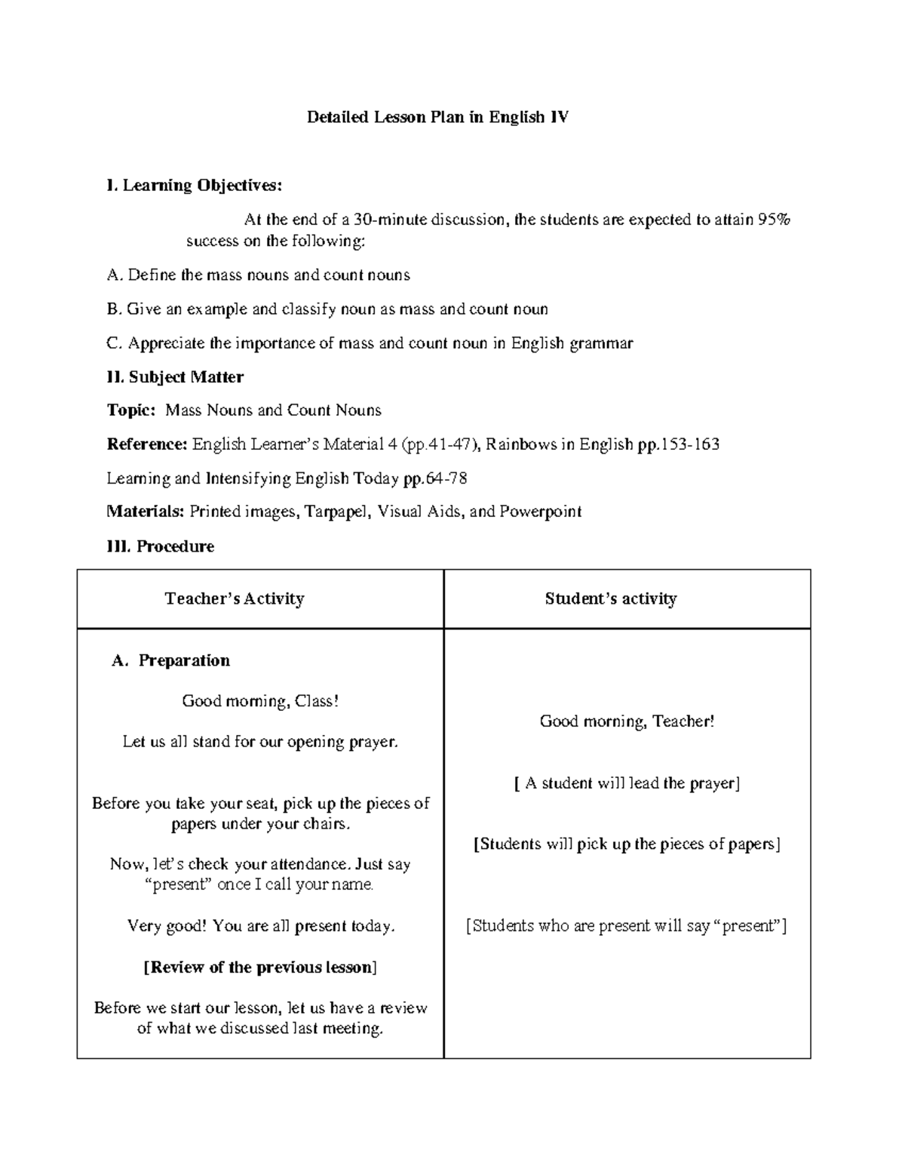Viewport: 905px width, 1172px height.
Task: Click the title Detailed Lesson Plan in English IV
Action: point(437,118)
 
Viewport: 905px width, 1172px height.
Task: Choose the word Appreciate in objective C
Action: point(166,343)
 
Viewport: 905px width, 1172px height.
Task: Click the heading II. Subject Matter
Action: point(175,377)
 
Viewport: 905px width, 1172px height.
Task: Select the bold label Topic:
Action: point(131,411)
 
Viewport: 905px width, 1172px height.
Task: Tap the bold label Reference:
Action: point(147,444)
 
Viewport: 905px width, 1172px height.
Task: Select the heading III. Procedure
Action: point(161,546)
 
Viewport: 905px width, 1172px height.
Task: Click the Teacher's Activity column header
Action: point(235,599)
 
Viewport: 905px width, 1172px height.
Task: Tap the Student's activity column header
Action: point(610,599)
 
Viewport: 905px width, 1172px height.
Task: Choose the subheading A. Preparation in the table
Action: point(170,661)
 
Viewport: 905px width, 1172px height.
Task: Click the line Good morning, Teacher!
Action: point(627,721)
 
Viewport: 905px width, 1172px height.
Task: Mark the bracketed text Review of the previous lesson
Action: point(260,967)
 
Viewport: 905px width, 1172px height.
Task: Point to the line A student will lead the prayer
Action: point(627,783)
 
